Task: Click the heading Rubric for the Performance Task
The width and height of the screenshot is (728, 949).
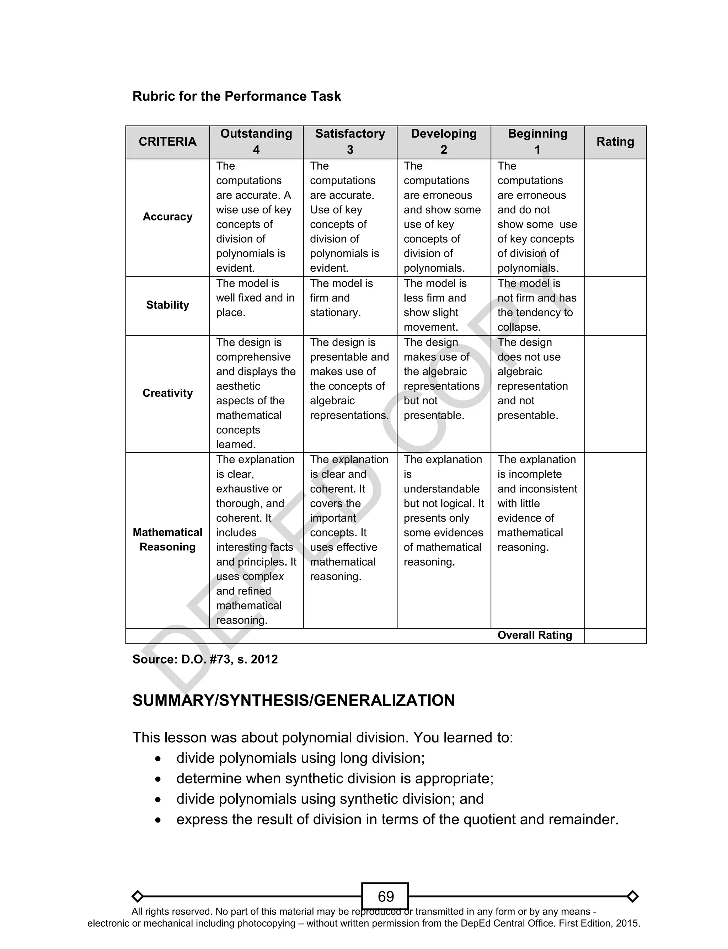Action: (237, 96)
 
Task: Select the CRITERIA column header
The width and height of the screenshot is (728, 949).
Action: (167, 142)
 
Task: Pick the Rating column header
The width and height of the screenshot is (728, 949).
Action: (615, 142)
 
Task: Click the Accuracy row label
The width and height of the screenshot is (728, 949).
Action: (167, 217)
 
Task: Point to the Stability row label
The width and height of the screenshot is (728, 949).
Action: (167, 305)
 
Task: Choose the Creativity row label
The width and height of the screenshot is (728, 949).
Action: (167, 393)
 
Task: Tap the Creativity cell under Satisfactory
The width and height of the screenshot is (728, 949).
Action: (349, 379)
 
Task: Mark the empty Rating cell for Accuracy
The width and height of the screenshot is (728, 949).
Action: (615, 217)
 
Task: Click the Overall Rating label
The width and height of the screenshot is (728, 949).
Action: (534, 635)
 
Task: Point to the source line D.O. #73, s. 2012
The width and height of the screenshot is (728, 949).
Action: (205, 660)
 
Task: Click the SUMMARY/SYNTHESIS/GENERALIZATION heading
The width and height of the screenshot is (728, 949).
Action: (293, 701)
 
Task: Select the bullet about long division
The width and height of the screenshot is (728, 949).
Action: (300, 758)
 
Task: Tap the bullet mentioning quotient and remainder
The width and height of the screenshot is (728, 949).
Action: (397, 820)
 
